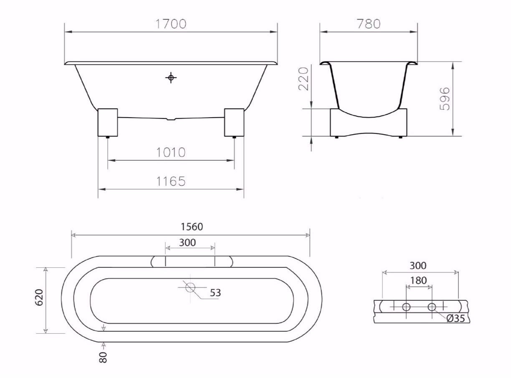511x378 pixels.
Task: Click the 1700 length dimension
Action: [x=171, y=24]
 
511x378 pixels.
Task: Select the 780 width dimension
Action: [x=369, y=24]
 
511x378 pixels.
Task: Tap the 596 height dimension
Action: [x=445, y=99]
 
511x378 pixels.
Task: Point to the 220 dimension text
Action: [x=303, y=79]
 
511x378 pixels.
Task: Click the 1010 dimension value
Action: [x=171, y=152]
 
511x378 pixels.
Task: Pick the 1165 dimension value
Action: [x=171, y=181]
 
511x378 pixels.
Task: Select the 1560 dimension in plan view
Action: [x=192, y=227]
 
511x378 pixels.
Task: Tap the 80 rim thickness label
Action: [x=103, y=357]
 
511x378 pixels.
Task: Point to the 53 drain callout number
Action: [x=215, y=293]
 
